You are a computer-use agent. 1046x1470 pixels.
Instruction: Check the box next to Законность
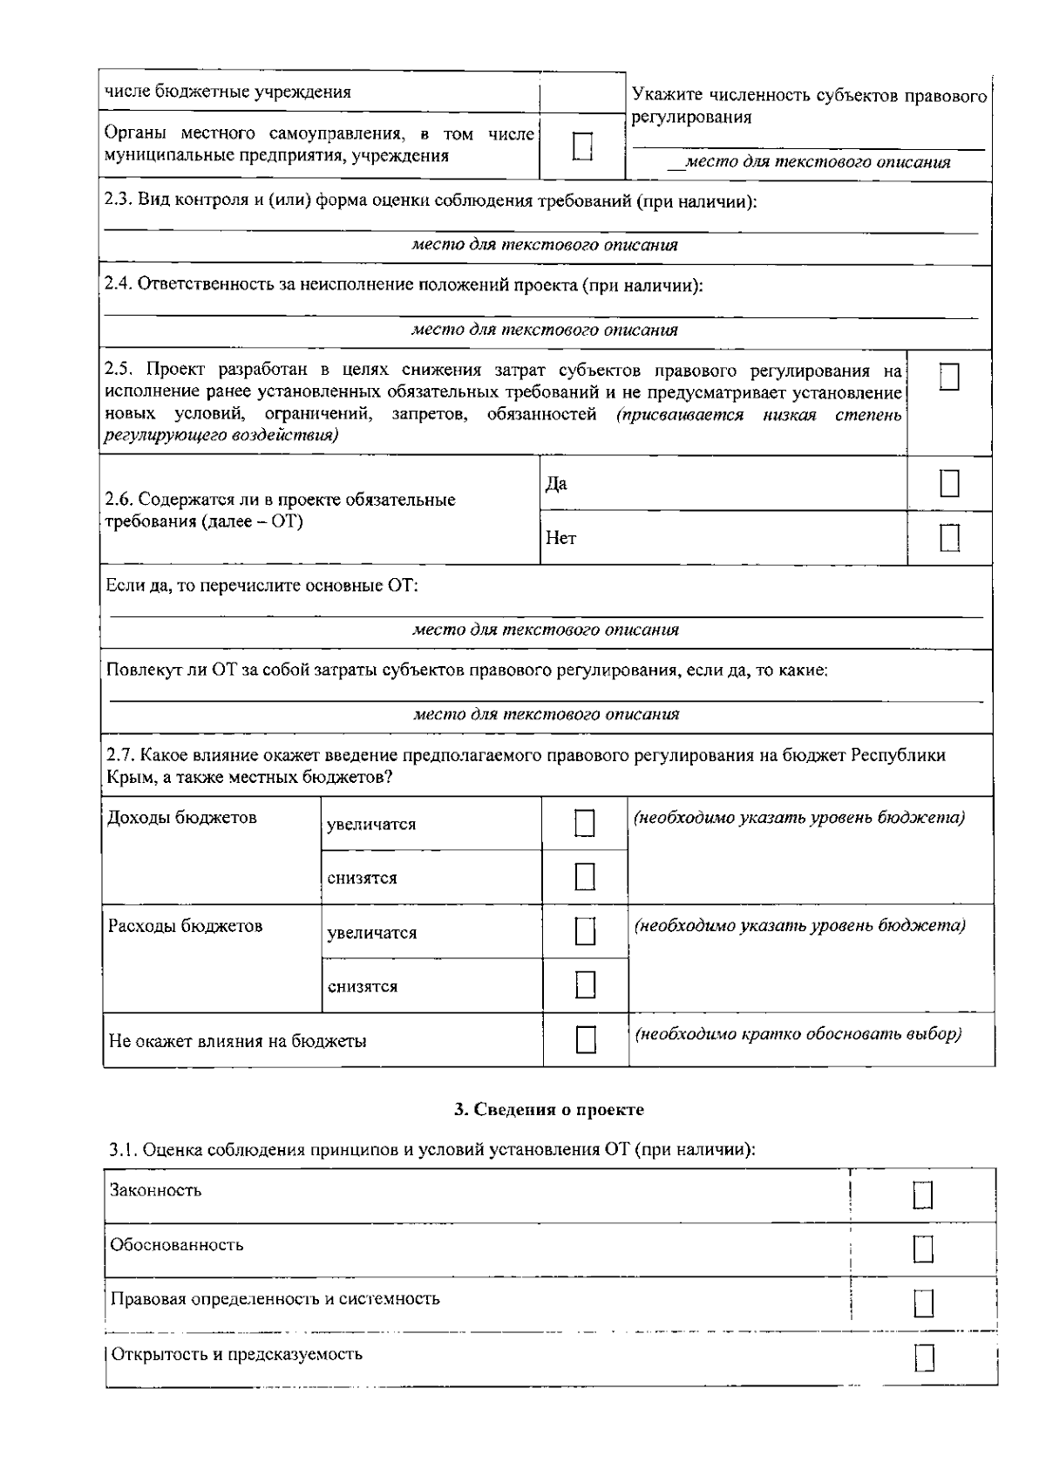pos(923,1195)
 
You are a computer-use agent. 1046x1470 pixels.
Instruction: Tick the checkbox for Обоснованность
pos(923,1249)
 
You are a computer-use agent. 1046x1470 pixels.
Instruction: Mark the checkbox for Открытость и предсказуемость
pos(924,1358)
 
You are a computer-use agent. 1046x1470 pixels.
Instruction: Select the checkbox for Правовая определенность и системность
pos(923,1303)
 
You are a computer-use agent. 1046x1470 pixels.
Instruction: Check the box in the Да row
pos(949,483)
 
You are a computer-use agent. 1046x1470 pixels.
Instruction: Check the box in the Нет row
pos(949,538)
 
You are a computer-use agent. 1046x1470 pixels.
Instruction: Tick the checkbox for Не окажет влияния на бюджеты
pos(586,1039)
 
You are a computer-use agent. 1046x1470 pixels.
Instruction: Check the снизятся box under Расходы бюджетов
pos(585,985)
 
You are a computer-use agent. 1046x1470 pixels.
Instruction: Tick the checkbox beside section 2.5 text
pos(949,378)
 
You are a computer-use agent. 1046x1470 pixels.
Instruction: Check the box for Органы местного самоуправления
pos(582,146)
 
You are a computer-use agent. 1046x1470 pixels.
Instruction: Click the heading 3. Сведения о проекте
pos(549,1109)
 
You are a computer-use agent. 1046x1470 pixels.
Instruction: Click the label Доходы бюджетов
pos(182,818)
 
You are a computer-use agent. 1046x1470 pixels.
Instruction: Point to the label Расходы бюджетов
pos(185,926)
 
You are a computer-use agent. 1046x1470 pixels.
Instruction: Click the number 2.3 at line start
pos(117,201)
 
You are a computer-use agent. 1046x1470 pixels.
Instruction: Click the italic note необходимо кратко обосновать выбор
pos(798,1034)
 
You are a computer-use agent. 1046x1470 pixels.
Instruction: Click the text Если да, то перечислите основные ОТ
pos(261,585)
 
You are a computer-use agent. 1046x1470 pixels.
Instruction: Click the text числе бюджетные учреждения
pos(228,92)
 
